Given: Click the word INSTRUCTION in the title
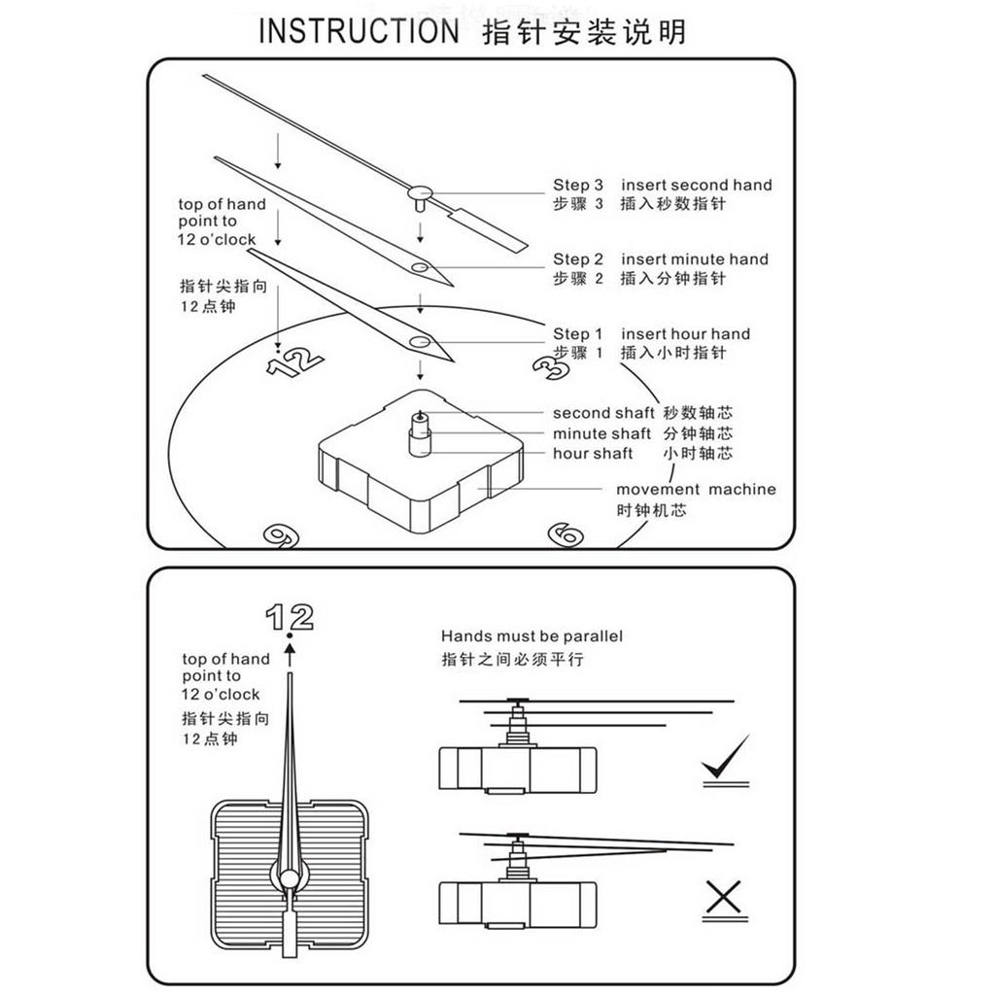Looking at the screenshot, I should [358, 31].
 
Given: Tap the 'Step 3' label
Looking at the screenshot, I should [578, 185].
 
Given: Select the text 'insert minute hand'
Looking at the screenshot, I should [694, 259].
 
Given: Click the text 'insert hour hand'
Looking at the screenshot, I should [685, 334].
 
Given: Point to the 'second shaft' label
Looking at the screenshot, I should [603, 413].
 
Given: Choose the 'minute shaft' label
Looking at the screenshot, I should [602, 433].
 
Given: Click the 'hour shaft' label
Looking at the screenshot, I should [593, 454].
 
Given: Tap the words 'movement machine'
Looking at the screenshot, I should [696, 490].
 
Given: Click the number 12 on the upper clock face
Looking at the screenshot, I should [294, 362].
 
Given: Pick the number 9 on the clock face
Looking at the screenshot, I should [280, 535].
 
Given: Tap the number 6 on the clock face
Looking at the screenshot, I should [565, 533].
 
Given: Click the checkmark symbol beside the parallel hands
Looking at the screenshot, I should [724, 759].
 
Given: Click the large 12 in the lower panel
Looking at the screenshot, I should [290, 616].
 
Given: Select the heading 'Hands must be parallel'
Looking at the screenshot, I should [532, 636].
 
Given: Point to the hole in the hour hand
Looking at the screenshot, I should [419, 341].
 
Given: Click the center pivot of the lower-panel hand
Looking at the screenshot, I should [290, 879].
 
